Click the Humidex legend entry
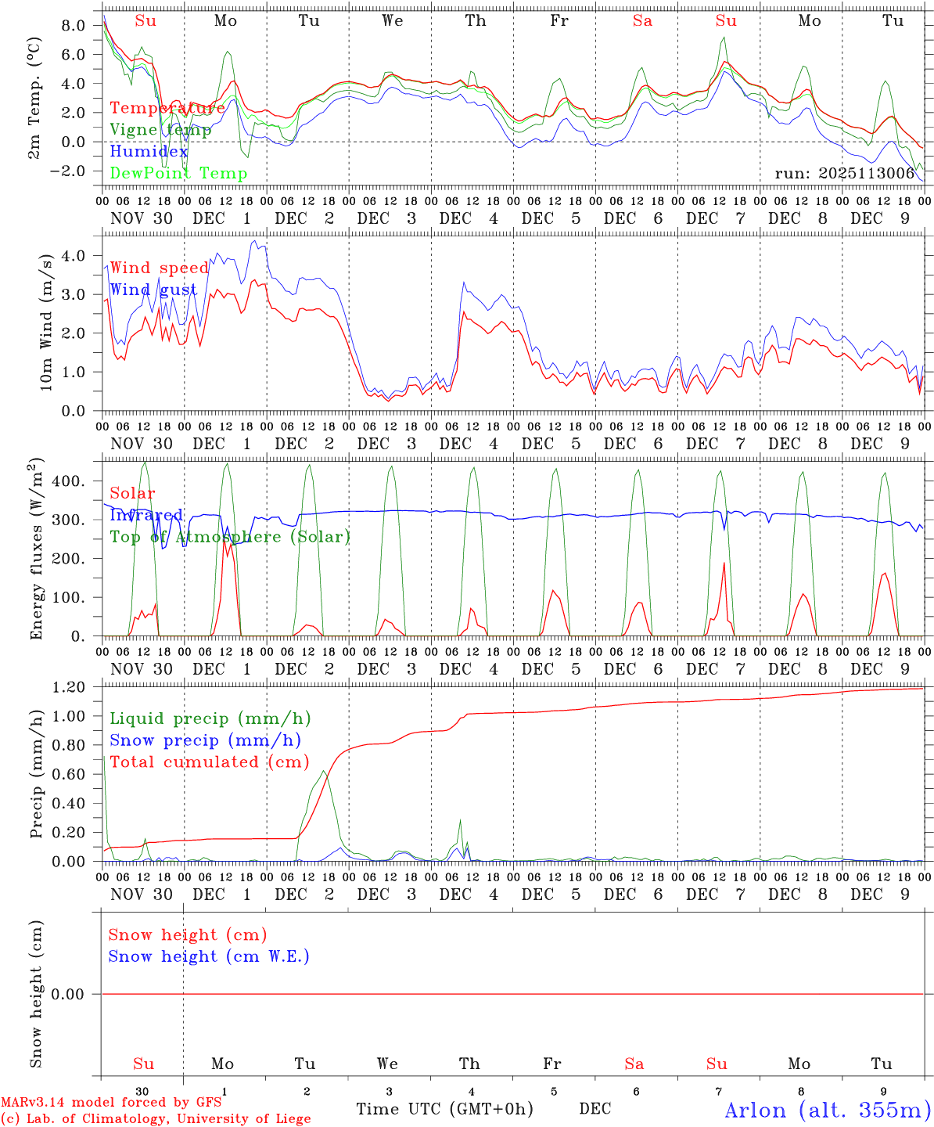point(149,152)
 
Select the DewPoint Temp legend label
point(178,174)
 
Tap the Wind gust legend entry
point(153,290)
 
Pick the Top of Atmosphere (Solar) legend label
point(230,537)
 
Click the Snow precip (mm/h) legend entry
point(205,740)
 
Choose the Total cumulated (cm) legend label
point(209,762)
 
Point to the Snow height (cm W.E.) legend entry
point(209,956)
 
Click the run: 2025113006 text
point(844,174)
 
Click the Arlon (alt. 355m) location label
point(828,1110)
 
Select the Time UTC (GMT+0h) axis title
point(444,1109)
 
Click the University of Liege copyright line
point(156,1119)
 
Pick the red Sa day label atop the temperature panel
point(642,21)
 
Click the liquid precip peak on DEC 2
point(324,772)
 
